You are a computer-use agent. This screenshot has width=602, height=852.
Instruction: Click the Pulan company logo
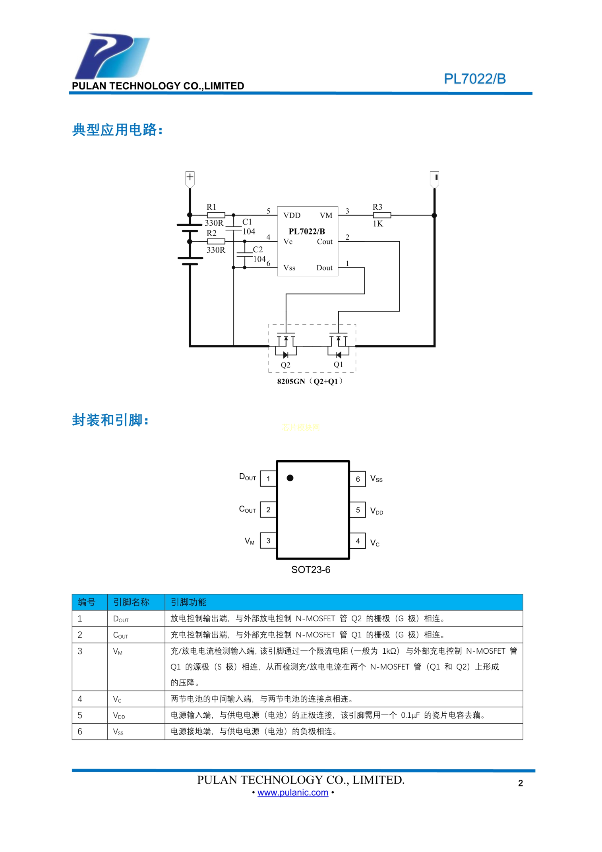point(112,56)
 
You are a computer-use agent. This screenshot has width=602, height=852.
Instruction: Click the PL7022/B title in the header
point(474,79)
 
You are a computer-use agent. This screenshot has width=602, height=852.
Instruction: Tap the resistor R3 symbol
point(381,215)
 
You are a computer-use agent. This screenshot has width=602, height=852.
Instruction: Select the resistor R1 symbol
point(216,215)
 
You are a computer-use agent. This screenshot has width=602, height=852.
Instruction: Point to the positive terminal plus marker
point(190,177)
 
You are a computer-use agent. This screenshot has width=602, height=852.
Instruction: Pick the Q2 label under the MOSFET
point(285,365)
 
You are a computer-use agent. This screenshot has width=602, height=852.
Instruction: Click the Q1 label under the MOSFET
point(338,364)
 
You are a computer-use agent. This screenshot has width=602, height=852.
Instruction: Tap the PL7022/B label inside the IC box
point(307,231)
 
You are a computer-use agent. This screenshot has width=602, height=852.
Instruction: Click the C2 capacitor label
point(258,250)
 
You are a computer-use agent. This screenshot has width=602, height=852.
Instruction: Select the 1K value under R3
point(378,224)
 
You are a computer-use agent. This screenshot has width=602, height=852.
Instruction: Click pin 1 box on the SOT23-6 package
point(268,478)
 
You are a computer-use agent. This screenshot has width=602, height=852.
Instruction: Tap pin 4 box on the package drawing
point(358,541)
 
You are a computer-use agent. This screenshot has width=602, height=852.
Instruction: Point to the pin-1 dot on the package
point(290,478)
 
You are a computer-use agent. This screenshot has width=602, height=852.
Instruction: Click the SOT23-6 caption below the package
point(311,570)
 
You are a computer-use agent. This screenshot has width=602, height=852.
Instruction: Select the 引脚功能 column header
point(188,602)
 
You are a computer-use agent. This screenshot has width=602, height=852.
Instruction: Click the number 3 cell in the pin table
point(80,651)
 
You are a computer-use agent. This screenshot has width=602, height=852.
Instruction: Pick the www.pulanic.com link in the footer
point(293,792)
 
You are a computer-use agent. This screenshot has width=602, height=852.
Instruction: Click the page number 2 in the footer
point(521,783)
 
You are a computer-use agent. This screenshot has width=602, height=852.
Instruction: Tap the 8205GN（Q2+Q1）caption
point(310,381)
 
